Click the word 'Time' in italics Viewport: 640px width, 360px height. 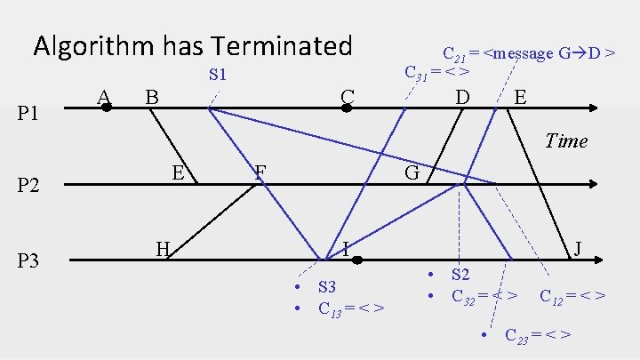click(565, 140)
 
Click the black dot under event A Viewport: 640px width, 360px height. click(106, 108)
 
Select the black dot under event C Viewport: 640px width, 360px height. click(348, 108)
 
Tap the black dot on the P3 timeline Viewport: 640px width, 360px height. click(356, 260)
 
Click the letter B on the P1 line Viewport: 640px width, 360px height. click(152, 95)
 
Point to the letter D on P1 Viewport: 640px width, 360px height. click(462, 95)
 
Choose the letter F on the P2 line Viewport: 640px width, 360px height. click(260, 171)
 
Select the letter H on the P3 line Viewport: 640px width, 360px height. click(163, 248)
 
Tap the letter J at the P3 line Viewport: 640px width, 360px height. click(578, 248)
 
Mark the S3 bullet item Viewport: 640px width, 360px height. click(326, 286)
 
